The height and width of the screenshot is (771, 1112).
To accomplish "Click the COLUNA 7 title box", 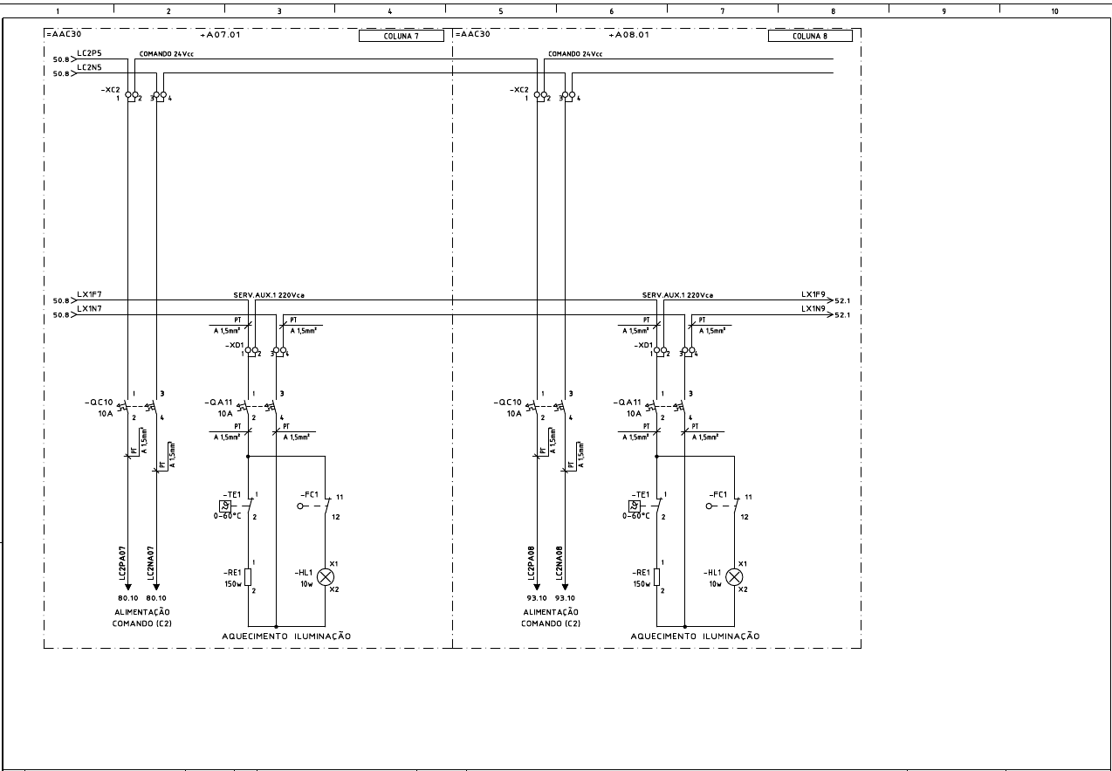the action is pyautogui.click(x=402, y=36).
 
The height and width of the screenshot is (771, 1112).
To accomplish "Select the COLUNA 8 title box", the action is pyautogui.click(x=810, y=36).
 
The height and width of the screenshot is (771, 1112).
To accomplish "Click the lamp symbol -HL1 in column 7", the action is pyautogui.click(x=326, y=576).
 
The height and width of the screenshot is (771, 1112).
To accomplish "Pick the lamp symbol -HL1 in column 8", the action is pyautogui.click(x=735, y=576).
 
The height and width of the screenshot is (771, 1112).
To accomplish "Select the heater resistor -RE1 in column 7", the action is pyautogui.click(x=248, y=576).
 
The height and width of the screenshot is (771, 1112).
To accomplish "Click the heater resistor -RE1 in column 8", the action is pyautogui.click(x=657, y=576).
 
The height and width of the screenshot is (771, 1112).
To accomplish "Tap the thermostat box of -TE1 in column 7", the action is pyautogui.click(x=224, y=506).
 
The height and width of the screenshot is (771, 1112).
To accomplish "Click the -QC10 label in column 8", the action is pyautogui.click(x=508, y=403).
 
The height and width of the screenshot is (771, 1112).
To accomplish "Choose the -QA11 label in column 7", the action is pyautogui.click(x=218, y=402).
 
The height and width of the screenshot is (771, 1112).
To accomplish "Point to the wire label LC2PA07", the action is pyautogui.click(x=123, y=563).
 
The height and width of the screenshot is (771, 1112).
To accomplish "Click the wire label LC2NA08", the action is pyautogui.click(x=559, y=563).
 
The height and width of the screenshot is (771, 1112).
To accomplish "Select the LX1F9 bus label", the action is pyautogui.click(x=813, y=293).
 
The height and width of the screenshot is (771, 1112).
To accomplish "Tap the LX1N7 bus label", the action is pyautogui.click(x=89, y=308).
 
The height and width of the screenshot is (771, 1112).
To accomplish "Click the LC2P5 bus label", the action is pyautogui.click(x=89, y=54).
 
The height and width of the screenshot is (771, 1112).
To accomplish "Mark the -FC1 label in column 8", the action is pyautogui.click(x=717, y=494).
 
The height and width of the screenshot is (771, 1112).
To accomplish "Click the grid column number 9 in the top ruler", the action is pyautogui.click(x=944, y=11).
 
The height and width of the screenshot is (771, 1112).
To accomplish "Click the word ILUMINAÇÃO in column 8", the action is pyautogui.click(x=731, y=637).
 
